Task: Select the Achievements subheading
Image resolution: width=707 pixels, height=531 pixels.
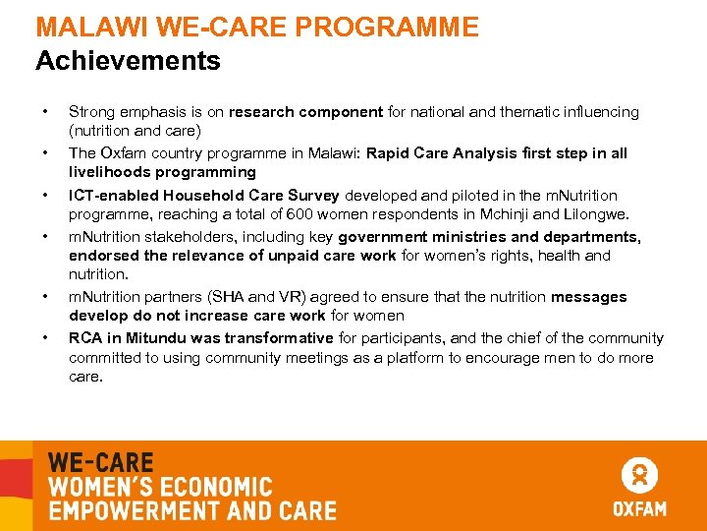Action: tap(128, 61)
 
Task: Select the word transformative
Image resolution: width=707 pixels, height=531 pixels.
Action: tap(281, 338)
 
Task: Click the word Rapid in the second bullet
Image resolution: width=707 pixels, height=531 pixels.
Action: tap(388, 153)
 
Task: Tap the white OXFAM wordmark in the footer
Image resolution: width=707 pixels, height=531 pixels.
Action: tap(639, 508)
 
